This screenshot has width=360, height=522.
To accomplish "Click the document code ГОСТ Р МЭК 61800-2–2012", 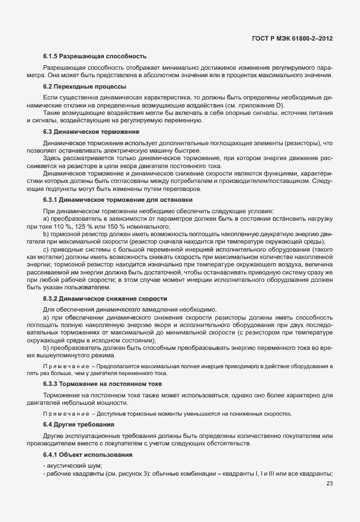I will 292,38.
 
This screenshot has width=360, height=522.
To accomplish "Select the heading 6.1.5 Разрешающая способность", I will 95,57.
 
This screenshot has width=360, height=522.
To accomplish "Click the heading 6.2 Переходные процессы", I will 84,87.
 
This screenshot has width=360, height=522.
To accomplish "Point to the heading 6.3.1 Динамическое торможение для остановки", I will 118,200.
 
